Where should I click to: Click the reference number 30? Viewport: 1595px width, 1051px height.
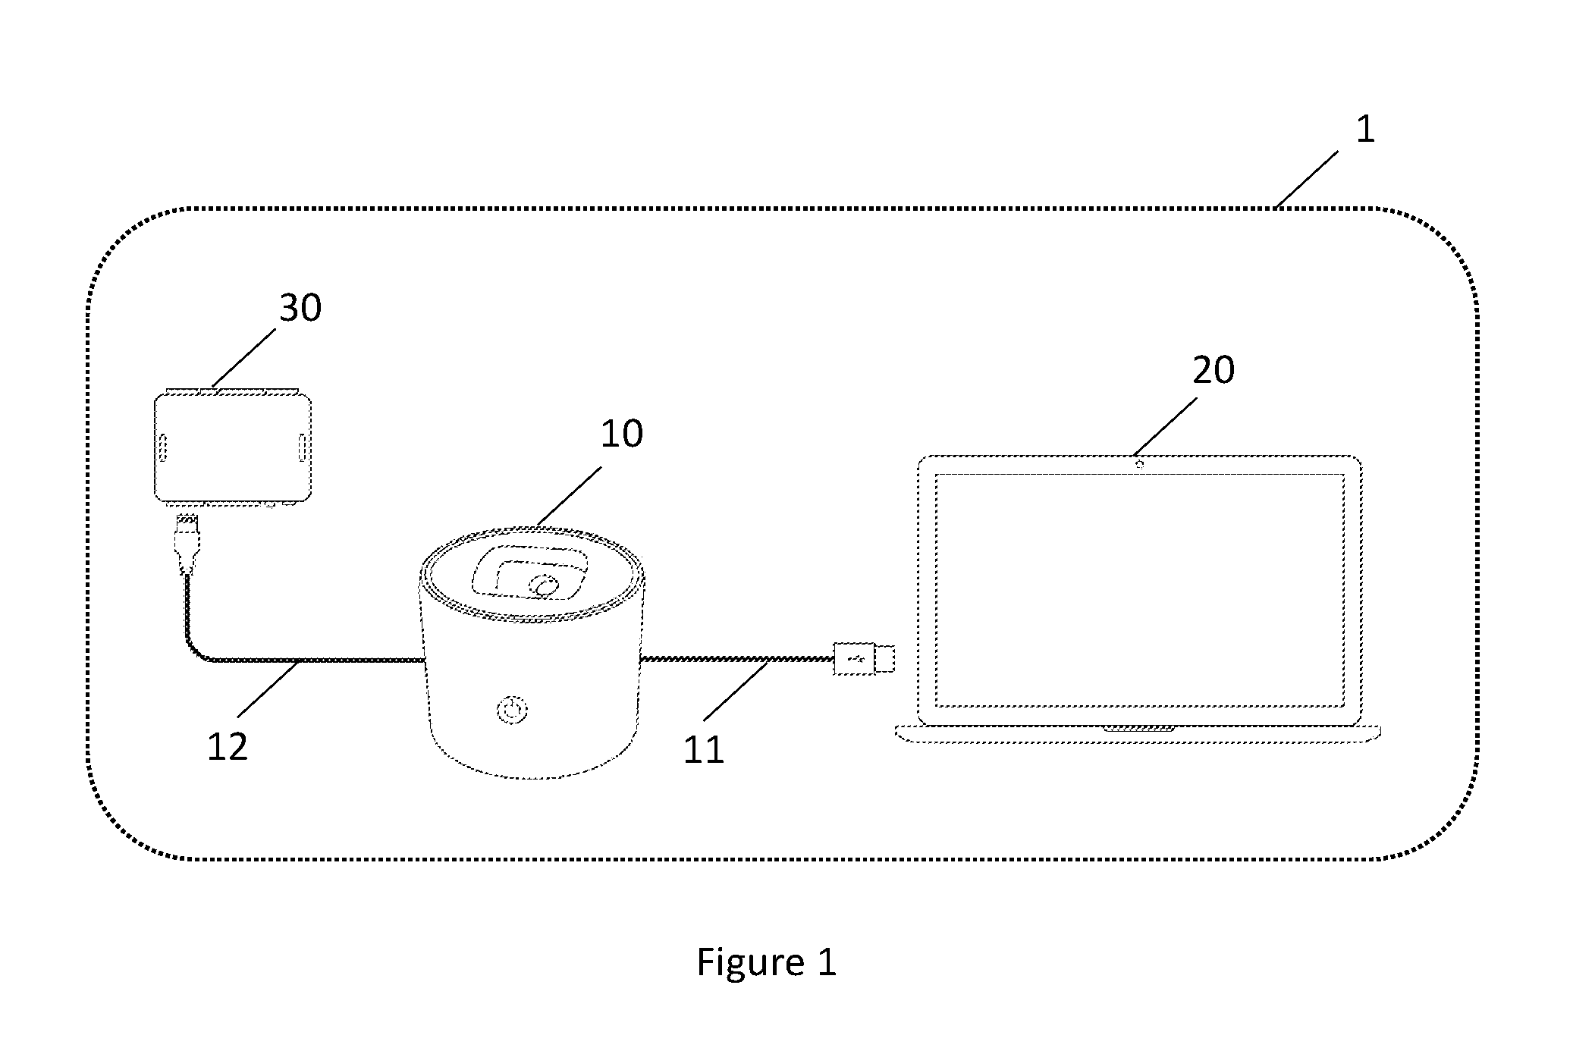300,309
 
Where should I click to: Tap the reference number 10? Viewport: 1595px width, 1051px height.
622,434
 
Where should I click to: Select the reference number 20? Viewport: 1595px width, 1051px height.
1214,370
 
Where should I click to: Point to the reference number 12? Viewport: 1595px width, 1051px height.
228,747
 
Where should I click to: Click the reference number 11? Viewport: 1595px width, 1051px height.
704,749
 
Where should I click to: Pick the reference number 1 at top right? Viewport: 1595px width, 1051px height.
1365,130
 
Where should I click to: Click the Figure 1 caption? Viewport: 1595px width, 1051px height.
767,962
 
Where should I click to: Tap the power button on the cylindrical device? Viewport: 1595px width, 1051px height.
513,711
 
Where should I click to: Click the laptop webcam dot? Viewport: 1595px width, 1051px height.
1140,464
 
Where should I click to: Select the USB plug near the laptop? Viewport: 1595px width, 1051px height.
864,658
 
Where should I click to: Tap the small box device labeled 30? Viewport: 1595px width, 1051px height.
233,448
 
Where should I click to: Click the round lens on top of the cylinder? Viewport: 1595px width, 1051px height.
544,586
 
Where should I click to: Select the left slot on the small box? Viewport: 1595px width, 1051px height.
163,447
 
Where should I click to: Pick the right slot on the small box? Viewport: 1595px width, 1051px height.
302,447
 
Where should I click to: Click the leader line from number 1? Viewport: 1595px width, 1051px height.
1307,180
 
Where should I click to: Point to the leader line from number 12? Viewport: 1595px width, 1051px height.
269,689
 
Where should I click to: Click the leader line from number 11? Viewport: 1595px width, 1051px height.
736,690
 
